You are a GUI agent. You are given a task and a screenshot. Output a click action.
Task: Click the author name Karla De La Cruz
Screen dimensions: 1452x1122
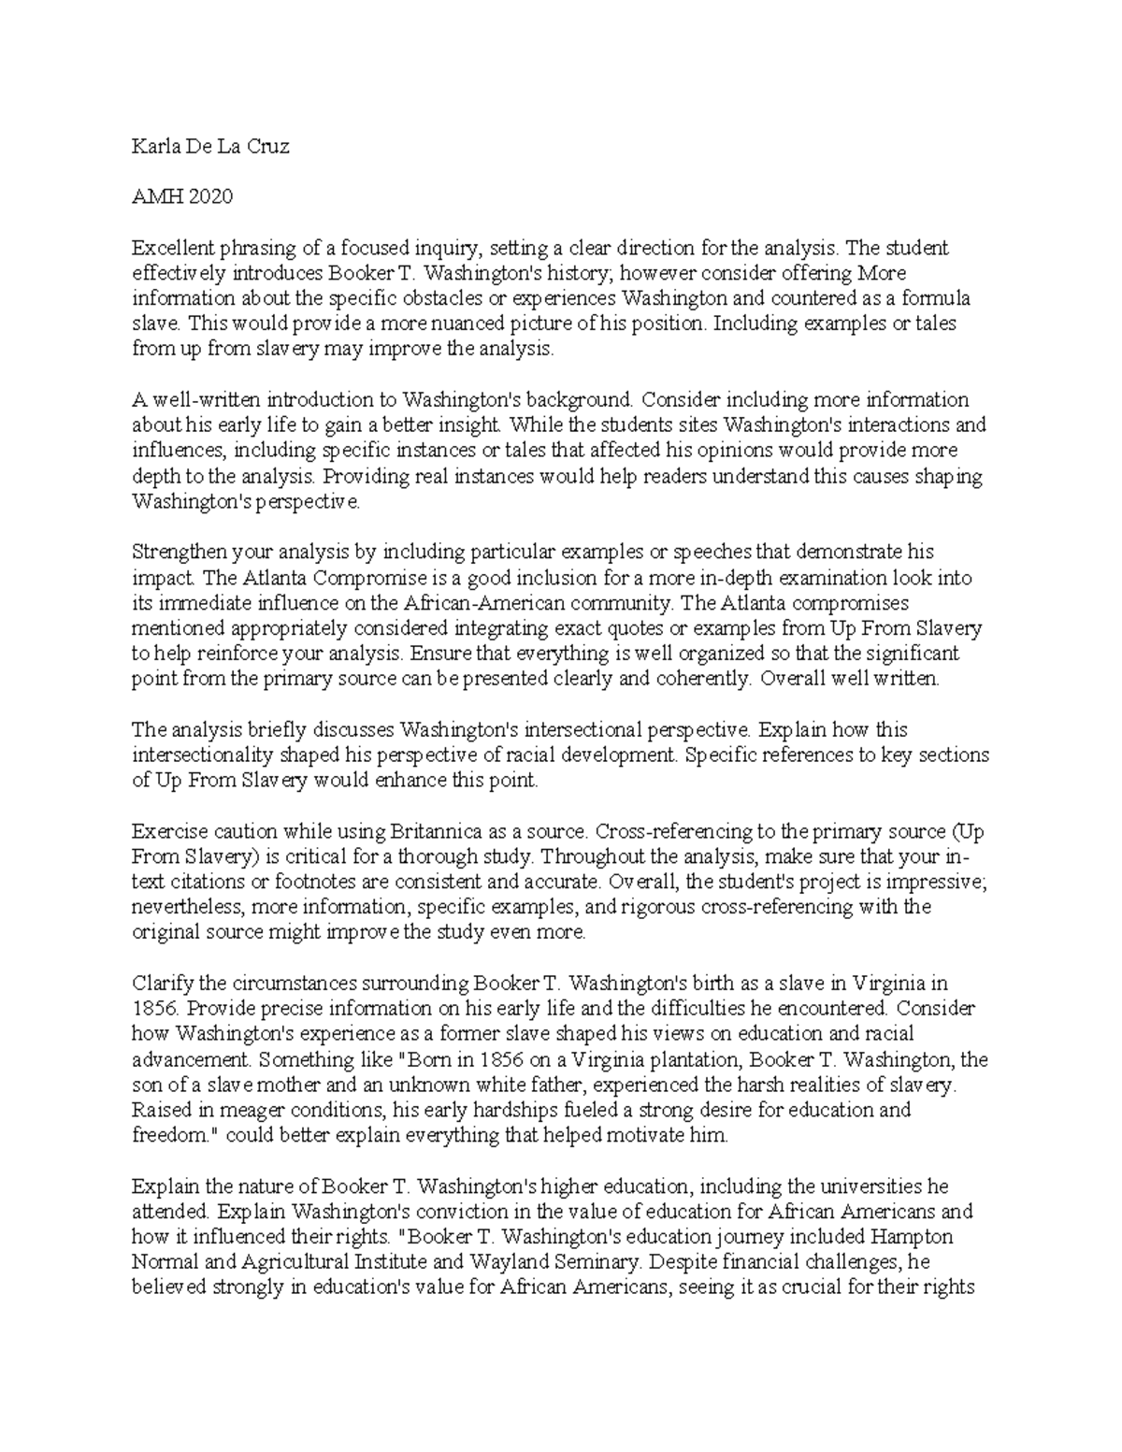point(210,147)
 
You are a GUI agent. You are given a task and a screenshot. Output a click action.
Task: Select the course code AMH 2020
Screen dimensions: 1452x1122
point(182,197)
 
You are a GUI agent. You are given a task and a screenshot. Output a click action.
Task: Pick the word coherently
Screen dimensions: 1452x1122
point(700,679)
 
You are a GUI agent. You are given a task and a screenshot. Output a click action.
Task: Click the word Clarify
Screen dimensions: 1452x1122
point(164,983)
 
